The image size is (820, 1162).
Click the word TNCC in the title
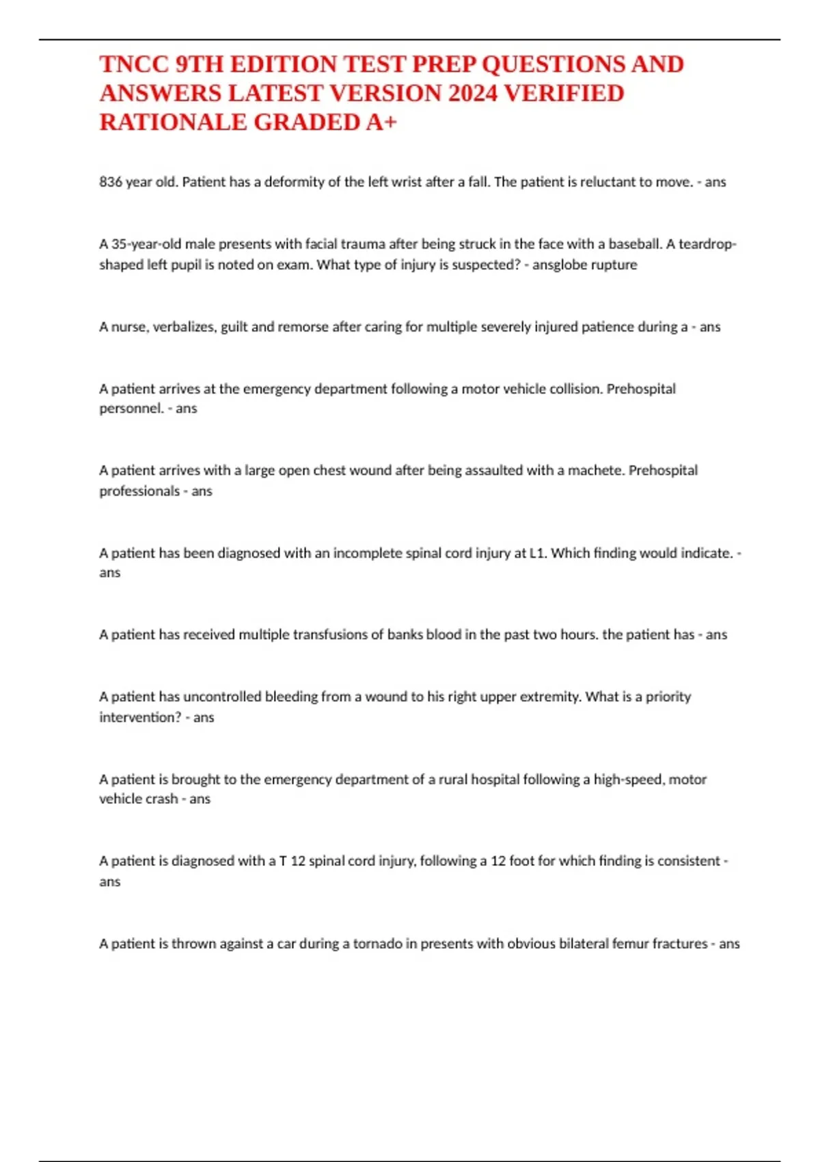point(134,64)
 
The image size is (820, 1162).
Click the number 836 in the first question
point(111,182)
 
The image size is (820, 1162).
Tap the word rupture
point(613,265)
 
